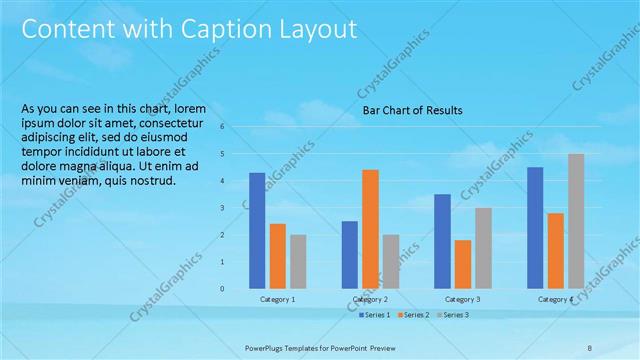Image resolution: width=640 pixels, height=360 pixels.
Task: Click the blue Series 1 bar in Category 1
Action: (x=257, y=231)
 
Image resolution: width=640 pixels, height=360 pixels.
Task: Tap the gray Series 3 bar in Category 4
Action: (x=576, y=221)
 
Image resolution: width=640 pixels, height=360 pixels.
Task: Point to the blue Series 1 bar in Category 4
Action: (x=535, y=228)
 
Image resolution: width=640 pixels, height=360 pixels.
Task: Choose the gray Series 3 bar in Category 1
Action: (x=298, y=262)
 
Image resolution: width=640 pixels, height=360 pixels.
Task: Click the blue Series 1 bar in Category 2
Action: (x=349, y=255)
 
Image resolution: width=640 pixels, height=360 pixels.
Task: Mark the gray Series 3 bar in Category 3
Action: (x=483, y=248)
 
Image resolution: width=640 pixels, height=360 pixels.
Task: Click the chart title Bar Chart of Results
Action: (x=412, y=110)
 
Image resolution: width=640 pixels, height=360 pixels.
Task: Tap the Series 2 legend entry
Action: (x=413, y=315)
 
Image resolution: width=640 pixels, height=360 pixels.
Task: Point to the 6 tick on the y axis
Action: (x=236, y=127)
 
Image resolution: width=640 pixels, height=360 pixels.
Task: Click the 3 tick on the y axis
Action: (x=236, y=208)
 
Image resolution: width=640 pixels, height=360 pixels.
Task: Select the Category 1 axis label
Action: (x=277, y=299)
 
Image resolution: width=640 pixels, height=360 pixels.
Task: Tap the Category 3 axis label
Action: (x=462, y=299)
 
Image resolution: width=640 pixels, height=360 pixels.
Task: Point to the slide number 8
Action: (x=590, y=347)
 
